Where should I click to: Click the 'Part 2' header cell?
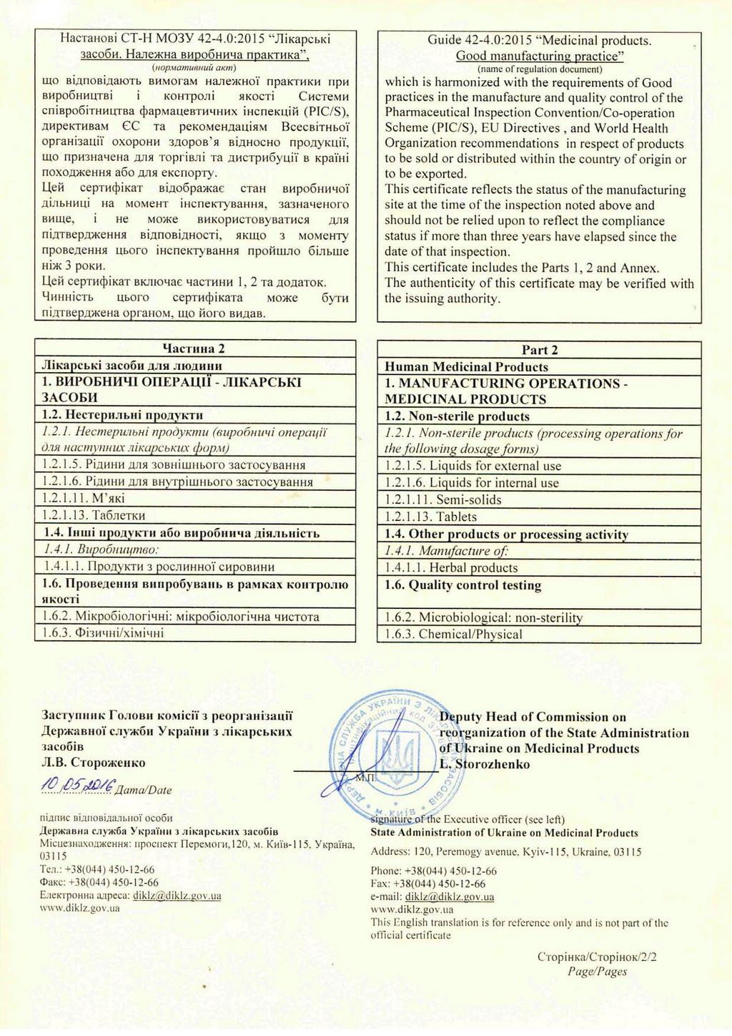(x=540, y=350)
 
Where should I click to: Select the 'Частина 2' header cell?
(x=194, y=348)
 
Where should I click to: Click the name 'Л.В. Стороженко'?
(x=94, y=763)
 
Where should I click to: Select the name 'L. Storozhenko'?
(x=485, y=764)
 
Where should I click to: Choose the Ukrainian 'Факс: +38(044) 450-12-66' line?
(x=99, y=882)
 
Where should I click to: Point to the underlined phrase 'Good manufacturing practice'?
(x=540, y=56)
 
